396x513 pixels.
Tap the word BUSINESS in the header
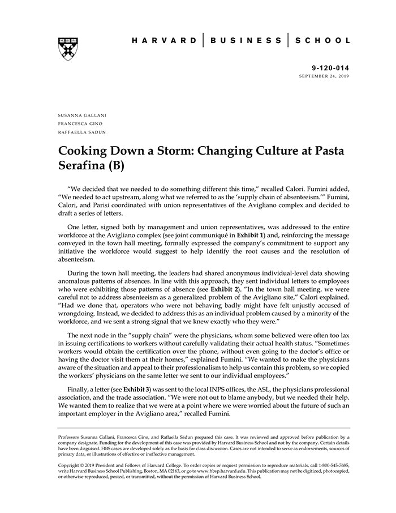pos(246,41)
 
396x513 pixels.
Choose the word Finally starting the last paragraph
pos(80,390)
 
